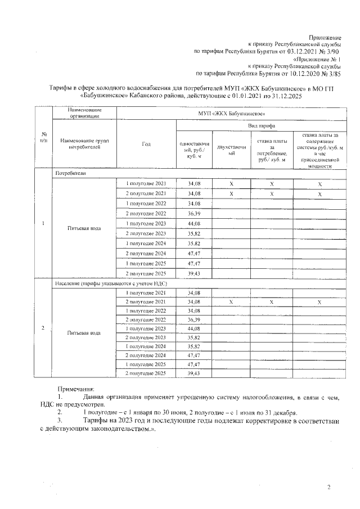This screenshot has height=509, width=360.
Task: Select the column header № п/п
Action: [44, 137]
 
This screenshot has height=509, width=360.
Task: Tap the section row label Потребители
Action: [71, 174]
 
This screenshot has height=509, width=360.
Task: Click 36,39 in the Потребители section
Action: [194, 214]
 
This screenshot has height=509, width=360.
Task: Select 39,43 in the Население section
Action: [194, 373]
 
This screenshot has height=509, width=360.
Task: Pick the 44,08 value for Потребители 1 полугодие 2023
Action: [194, 223]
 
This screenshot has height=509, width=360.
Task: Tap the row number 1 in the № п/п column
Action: [44, 223]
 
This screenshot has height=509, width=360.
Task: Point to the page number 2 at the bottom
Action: [328, 487]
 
